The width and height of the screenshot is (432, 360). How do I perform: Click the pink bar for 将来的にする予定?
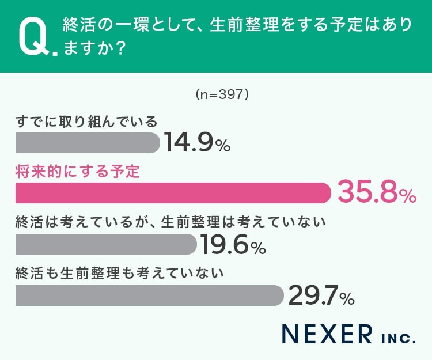(173, 193)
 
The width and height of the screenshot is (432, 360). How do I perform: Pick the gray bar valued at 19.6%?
(106, 244)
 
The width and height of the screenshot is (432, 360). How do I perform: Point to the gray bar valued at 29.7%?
(149, 295)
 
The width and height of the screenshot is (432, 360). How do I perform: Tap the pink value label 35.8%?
(376, 193)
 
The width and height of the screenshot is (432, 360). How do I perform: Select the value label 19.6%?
(233, 245)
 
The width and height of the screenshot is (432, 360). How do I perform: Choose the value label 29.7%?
(320, 295)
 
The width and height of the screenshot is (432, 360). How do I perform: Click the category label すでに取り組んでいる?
(86, 122)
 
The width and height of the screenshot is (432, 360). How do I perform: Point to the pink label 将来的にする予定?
(78, 172)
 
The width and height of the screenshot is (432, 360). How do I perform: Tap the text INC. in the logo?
(397, 336)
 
